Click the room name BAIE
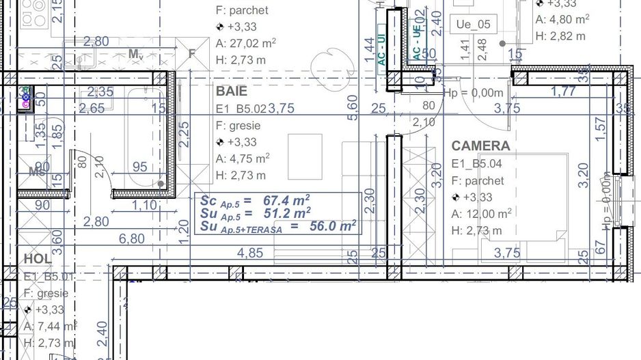[232, 91]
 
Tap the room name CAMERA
[480, 146]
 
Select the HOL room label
[38, 259]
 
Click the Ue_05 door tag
[473, 25]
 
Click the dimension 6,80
[132, 238]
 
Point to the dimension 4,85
[250, 253]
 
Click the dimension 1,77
[563, 90]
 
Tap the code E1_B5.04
[478, 164]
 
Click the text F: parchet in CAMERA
[478, 181]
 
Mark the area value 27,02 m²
[251, 43]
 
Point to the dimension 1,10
[144, 205]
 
